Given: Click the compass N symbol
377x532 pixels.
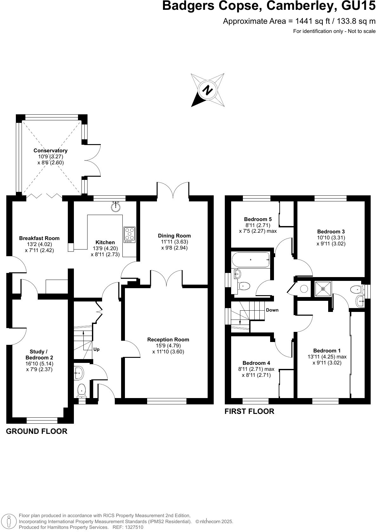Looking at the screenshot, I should pos(208,90).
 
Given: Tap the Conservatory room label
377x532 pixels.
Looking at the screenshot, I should pos(50,150).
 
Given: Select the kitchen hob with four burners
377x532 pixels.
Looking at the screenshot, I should pos(129,235).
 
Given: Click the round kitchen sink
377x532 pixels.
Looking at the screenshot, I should pos(116,207).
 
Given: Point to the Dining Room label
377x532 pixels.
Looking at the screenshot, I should pos(174,236).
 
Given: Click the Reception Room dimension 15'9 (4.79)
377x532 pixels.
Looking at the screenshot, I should pos(168,345).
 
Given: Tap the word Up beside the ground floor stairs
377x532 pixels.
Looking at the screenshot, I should pos(96,349).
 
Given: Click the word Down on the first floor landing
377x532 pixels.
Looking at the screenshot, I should pos(272,310).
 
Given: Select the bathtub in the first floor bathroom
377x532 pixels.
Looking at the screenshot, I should pos(250,260).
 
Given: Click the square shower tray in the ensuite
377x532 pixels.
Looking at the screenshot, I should pos(323,289).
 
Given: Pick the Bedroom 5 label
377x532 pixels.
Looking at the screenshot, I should pos(258,219).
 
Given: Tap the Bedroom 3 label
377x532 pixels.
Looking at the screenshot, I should pos(331,231).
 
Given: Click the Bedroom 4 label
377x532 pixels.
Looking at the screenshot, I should pos(256,363).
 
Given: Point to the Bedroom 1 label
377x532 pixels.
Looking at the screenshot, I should pos(327,351).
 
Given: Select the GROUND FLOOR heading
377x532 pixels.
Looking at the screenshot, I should pos(37,431).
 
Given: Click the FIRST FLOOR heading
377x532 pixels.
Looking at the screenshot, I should pos(249,411).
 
